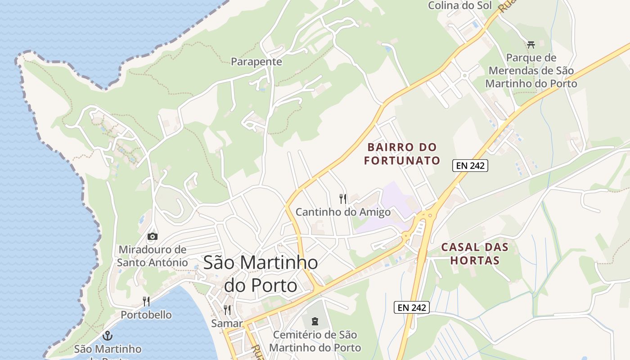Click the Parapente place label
point(256,62)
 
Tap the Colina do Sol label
point(459,5)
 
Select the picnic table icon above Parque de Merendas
point(531,45)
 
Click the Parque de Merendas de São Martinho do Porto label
point(531,71)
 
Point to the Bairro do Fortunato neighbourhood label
point(402,153)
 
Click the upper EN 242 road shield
point(470,166)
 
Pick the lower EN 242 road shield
point(412,307)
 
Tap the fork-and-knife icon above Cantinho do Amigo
point(343,198)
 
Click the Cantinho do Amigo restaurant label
point(343,211)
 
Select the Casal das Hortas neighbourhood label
point(475,253)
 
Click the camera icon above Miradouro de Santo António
point(153,236)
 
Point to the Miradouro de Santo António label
point(153,256)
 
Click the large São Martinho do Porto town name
point(261,274)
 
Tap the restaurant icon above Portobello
point(146,301)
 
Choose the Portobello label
point(146,315)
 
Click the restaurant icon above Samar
point(227,310)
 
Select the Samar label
point(227,323)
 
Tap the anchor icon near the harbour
point(108,335)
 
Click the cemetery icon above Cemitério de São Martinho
point(315,321)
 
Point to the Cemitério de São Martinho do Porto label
point(315,341)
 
